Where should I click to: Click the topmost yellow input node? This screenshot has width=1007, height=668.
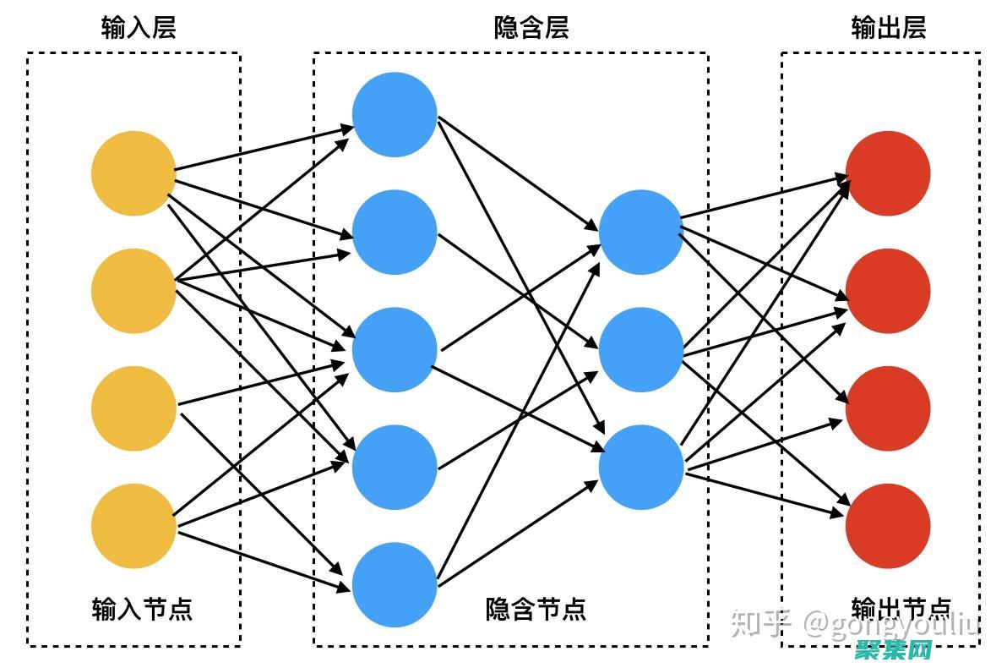[133, 173]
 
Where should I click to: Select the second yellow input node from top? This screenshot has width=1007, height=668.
[133, 291]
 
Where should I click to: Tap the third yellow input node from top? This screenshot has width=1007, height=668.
[133, 408]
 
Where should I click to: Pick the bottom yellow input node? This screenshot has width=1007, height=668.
[133, 526]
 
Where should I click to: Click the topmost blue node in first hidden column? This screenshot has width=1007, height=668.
[395, 115]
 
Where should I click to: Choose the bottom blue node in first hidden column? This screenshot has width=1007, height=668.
[395, 585]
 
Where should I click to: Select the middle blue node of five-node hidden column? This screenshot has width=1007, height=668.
[395, 350]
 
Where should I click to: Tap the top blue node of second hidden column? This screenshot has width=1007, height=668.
[641, 233]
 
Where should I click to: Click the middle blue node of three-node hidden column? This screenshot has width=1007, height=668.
[641, 350]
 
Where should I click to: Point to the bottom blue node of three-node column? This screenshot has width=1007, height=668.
[641, 468]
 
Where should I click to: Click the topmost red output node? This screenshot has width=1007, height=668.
[888, 173]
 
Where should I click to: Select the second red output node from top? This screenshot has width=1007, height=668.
[888, 291]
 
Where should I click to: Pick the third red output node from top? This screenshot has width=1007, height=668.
[888, 408]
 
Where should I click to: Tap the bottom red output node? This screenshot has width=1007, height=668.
[888, 526]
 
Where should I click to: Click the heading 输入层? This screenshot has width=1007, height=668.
[139, 28]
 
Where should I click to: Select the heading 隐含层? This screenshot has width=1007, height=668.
[531, 28]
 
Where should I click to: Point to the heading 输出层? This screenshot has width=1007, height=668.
[889, 28]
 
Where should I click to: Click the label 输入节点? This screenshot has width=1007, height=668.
[142, 609]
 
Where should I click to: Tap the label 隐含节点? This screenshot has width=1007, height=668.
[536, 609]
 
